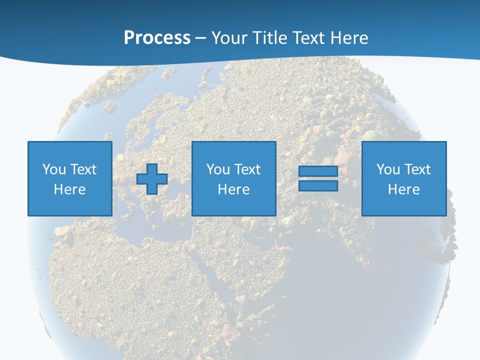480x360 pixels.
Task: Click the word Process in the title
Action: tap(157, 38)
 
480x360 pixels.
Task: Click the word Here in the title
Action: tap(349, 38)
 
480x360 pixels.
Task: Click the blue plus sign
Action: tap(152, 179)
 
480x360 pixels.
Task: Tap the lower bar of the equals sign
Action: tap(318, 185)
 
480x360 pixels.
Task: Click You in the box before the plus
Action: tap(54, 169)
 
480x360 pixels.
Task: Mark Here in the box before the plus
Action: tap(69, 189)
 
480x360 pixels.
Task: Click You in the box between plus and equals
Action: tap(218, 169)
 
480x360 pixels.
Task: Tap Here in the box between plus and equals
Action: tap(233, 189)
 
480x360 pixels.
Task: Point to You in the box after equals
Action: tap(388, 169)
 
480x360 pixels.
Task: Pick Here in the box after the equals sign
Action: tap(403, 189)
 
